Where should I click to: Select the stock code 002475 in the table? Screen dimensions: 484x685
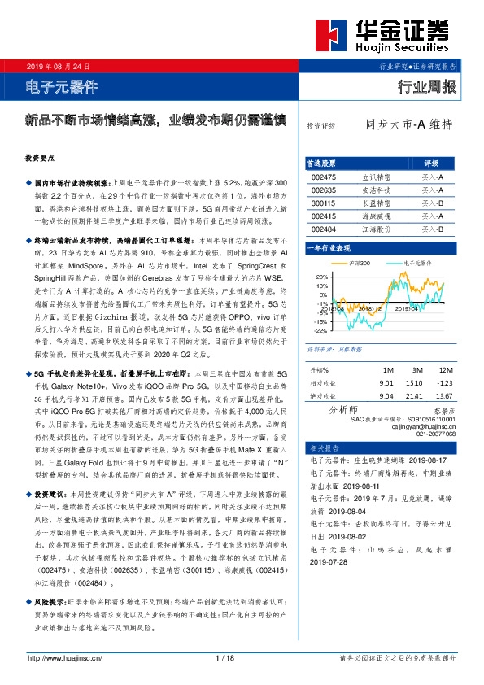pos(323,177)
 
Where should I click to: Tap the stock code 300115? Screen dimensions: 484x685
pos(323,203)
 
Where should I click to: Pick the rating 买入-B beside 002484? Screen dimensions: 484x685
pos(431,230)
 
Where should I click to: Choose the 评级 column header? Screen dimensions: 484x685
pos(431,163)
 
